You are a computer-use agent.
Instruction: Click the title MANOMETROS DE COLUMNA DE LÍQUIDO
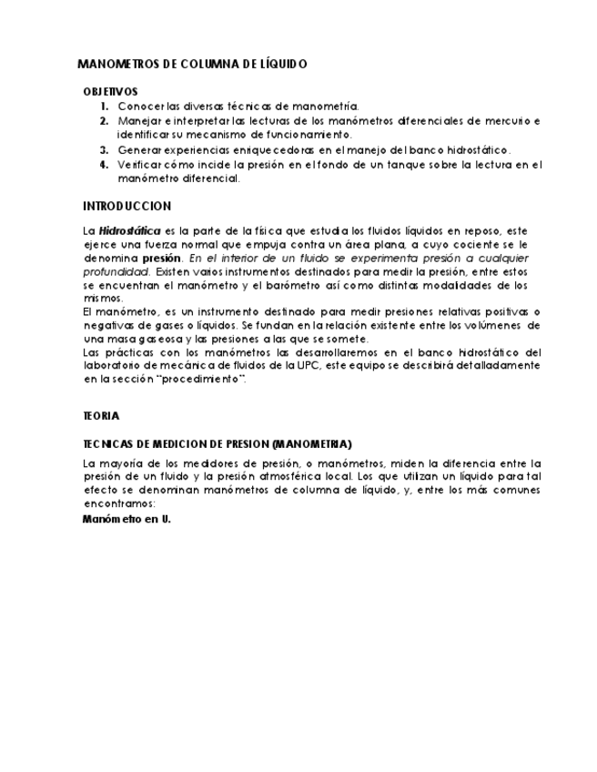193,65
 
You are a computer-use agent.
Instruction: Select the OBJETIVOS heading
110,92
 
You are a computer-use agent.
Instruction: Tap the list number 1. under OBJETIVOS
105,107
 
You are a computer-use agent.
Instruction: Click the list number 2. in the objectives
105,121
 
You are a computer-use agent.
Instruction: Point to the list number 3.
105,150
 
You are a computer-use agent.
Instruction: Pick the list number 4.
105,165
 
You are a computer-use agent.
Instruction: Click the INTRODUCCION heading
126,207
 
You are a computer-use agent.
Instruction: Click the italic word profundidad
116,271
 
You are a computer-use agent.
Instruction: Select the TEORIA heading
101,416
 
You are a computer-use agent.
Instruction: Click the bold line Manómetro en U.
126,519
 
